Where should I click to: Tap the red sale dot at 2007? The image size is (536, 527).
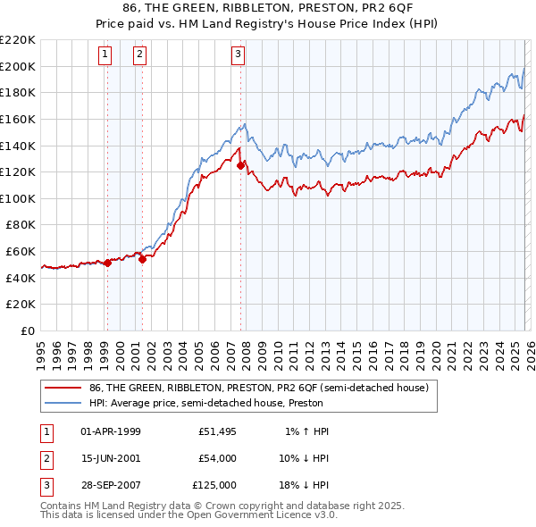point(240,165)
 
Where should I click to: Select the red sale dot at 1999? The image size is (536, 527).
point(107,263)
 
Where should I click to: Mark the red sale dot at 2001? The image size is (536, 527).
point(142,259)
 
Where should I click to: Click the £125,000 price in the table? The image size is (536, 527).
point(214,485)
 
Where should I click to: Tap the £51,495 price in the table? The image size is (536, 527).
point(214,431)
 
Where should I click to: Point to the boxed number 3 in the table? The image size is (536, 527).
point(45,485)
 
